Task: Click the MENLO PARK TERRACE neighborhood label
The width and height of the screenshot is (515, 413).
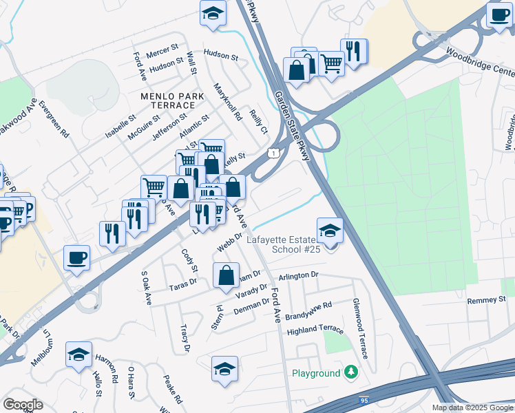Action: pos(168,100)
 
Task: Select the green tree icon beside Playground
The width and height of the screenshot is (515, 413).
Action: pos(352,372)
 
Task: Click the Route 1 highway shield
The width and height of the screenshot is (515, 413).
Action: pos(274,152)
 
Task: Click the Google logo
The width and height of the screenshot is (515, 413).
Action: pos(23,405)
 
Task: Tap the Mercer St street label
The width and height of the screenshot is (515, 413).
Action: pos(162,51)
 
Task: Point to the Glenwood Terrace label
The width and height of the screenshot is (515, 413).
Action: pos(361,328)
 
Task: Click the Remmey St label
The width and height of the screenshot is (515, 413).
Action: pos(486,300)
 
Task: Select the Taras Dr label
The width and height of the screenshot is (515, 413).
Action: pos(183,282)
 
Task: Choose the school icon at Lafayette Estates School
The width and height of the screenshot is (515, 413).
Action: pos(330,230)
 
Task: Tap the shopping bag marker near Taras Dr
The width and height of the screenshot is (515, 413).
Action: pos(226,276)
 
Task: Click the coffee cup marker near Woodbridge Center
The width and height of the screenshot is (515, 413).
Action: pos(499,14)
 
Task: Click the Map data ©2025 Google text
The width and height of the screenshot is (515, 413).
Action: pos(472,407)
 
